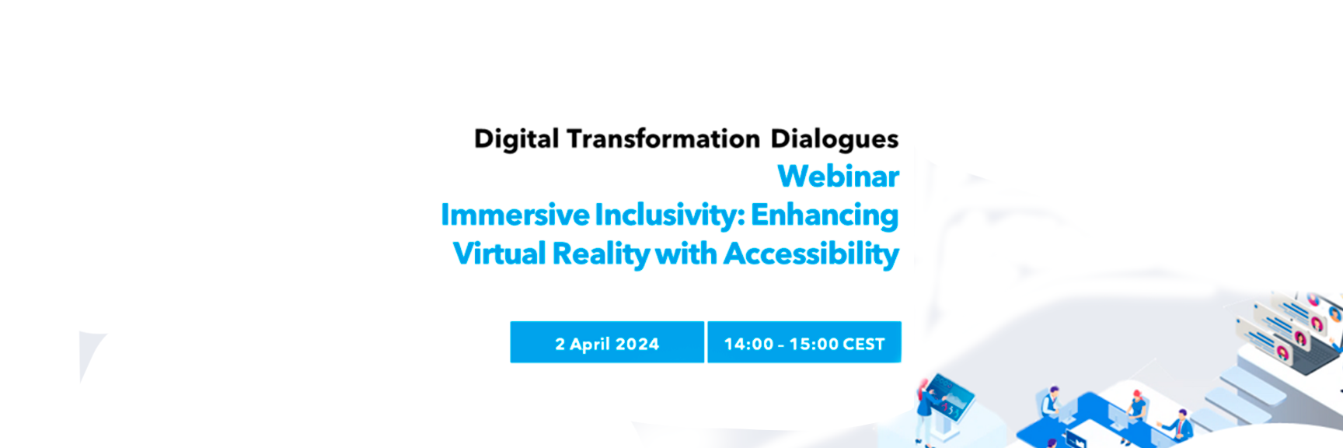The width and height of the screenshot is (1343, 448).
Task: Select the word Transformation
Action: (x=663, y=138)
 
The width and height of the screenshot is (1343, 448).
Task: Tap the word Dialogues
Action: (x=834, y=139)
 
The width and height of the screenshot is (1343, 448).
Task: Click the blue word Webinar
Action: (x=838, y=176)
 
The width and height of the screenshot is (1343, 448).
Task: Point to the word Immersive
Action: (x=515, y=215)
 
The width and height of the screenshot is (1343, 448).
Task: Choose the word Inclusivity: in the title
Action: (x=669, y=215)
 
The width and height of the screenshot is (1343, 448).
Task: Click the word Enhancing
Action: (x=825, y=215)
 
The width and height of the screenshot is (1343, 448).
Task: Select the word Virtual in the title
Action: (x=499, y=254)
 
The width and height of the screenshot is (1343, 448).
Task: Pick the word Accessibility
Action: (x=811, y=254)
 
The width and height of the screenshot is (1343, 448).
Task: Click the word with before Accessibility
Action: (x=686, y=254)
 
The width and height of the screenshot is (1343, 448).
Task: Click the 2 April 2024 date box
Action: (x=607, y=342)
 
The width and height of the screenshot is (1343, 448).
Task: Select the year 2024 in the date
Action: (x=637, y=344)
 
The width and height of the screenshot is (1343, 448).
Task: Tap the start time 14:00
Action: (x=748, y=344)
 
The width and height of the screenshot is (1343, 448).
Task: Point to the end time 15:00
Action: (x=814, y=344)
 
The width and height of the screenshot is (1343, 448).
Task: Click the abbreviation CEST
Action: (x=863, y=344)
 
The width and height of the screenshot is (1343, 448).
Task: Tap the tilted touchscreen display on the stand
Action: (x=953, y=396)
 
